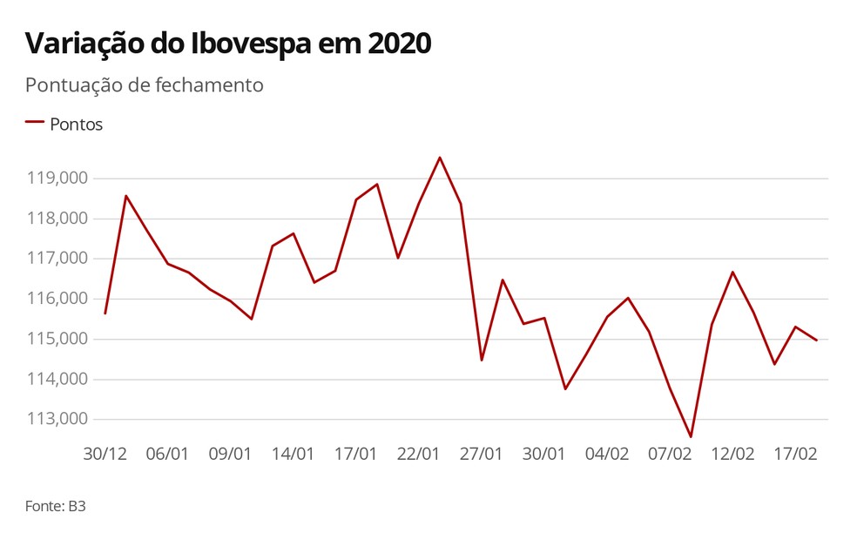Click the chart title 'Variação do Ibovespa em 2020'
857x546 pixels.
tap(228, 44)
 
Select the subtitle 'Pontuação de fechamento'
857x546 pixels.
tap(144, 85)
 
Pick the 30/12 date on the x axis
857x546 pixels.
tap(105, 454)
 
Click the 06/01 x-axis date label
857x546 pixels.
tap(167, 454)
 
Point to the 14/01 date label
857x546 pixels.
tap(293, 454)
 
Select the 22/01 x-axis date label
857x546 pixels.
tap(418, 454)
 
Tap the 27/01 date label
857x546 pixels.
tap(482, 454)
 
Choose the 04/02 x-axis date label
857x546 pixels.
tap(607, 454)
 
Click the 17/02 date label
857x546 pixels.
tap(795, 454)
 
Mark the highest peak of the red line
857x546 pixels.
tap(440, 158)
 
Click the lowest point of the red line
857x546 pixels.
tap(691, 436)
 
